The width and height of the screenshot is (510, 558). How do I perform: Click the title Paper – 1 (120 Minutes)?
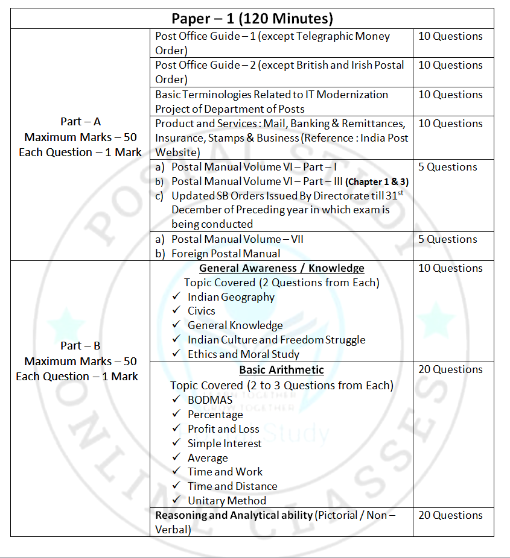(x=252, y=18)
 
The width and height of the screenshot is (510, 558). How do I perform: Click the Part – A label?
(x=80, y=122)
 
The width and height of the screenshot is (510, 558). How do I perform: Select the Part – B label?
(x=80, y=346)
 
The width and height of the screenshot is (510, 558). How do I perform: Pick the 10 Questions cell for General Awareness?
(x=450, y=268)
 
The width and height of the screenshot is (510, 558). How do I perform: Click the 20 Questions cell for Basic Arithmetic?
(x=450, y=369)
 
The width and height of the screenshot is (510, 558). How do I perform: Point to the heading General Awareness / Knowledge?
(x=281, y=268)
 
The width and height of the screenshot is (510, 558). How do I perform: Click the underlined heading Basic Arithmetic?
(x=281, y=370)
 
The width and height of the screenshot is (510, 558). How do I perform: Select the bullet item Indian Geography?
(x=231, y=297)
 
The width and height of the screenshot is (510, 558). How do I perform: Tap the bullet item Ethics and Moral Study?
(x=243, y=354)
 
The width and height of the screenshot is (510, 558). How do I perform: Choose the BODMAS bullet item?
(x=209, y=400)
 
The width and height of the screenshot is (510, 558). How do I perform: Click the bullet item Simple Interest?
(x=225, y=444)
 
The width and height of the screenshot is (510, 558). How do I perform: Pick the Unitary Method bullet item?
(x=226, y=501)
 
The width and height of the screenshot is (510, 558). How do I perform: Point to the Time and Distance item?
(x=232, y=486)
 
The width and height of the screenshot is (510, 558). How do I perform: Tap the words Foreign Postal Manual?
(x=226, y=254)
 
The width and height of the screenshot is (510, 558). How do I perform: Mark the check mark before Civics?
(x=176, y=311)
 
